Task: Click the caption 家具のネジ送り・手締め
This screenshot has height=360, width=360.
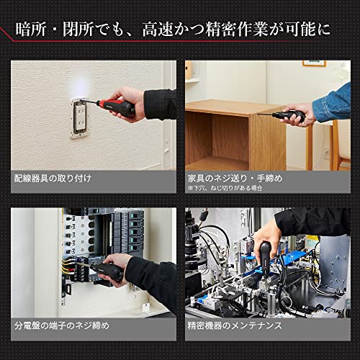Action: tap(234, 176)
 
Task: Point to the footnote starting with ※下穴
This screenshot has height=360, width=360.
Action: tap(224, 188)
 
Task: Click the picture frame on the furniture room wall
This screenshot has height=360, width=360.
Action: tap(314, 63)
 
